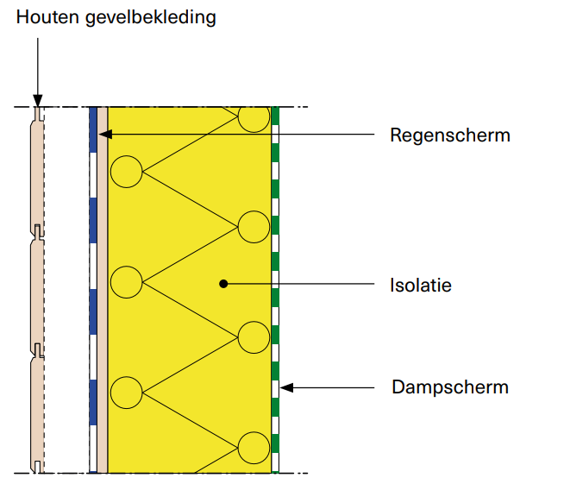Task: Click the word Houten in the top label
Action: click(x=44, y=17)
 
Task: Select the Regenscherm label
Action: click(x=449, y=135)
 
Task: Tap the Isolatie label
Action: click(x=420, y=284)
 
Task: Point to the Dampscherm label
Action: click(x=450, y=387)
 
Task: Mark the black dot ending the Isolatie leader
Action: click(x=223, y=282)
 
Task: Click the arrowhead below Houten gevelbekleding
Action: click(x=36, y=102)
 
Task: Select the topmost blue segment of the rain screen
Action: click(x=93, y=129)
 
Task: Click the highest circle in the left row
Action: click(x=127, y=172)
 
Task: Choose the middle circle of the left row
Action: click(x=127, y=282)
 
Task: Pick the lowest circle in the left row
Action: click(x=127, y=393)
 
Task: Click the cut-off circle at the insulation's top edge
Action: click(x=254, y=118)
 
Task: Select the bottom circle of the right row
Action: click(x=254, y=448)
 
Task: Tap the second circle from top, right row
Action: click(x=254, y=226)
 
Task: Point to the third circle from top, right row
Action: click(x=254, y=337)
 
